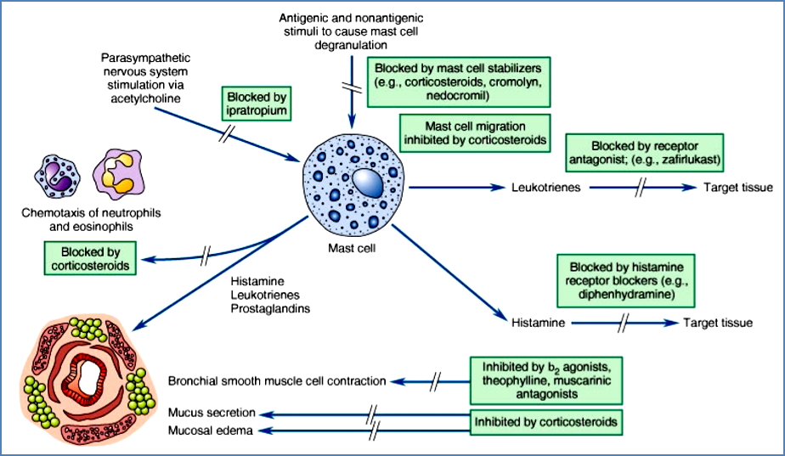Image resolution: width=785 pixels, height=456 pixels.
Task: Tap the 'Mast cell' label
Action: pos(351,249)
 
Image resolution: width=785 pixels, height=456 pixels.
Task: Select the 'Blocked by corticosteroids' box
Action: pos(89,258)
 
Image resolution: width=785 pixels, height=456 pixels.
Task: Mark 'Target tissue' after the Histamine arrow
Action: pos(718,323)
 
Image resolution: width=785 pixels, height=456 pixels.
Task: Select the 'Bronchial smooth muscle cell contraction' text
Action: pos(277,380)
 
